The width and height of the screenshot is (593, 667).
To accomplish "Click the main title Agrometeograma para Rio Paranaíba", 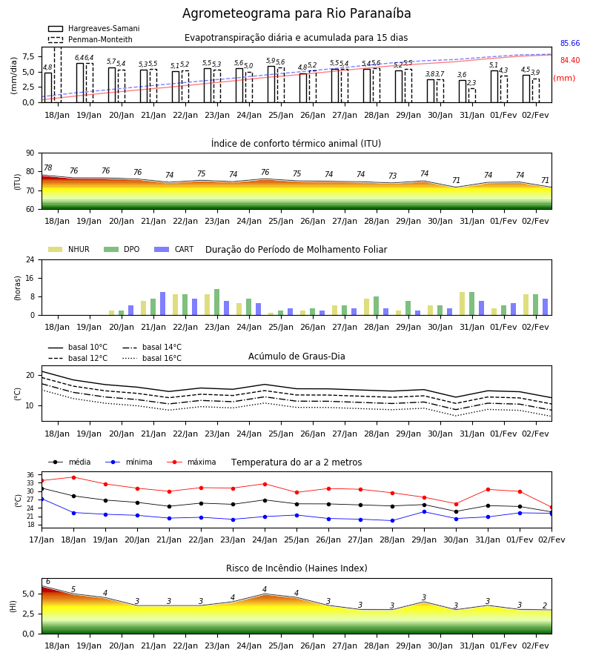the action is tap(296, 13).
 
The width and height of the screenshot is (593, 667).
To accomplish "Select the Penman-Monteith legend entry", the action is tap(90, 39).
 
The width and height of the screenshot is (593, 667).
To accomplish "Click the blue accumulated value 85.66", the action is tap(570, 44).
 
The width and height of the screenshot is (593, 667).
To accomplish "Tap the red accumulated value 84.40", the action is tap(570, 61).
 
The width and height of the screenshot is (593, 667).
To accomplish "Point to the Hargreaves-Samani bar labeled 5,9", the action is tap(271, 84).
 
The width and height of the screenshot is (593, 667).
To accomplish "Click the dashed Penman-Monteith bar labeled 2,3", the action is tap(472, 96).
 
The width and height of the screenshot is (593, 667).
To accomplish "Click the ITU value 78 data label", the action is tap(48, 167).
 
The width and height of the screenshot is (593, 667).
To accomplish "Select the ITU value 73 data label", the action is tap(392, 176).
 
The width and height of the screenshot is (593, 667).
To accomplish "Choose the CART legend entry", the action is tap(174, 249).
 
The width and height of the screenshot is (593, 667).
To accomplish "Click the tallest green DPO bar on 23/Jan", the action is tap(217, 302).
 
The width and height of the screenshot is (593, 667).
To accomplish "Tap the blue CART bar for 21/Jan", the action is tap(162, 304).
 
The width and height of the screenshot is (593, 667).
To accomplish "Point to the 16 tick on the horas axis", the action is tap(30, 278).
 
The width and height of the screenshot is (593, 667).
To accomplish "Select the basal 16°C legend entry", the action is tap(152, 358).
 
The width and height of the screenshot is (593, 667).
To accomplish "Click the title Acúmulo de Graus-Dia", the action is tap(296, 356).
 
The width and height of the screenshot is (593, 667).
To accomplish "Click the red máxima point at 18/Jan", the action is tap(73, 477).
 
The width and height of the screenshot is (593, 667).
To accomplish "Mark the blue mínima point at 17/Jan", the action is tap(42, 499).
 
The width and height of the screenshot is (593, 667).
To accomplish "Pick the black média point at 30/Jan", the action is tap(457, 511).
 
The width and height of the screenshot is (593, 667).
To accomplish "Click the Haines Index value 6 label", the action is tap(48, 582).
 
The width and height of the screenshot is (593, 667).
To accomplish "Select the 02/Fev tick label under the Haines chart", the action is tap(535, 646).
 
